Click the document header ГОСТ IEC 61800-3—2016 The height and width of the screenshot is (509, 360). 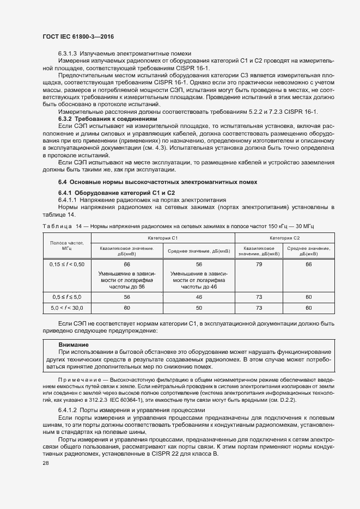point(78,36)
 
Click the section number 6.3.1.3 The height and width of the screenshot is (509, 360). point(68,53)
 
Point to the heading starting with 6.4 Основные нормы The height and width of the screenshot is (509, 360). point(157,181)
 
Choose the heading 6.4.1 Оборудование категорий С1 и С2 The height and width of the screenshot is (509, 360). point(117,193)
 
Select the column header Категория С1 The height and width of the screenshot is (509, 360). point(162,238)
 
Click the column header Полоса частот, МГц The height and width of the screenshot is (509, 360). point(66,245)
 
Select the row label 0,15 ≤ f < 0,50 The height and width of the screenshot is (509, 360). point(66,264)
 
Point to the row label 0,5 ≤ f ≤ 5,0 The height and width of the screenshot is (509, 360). point(66,297)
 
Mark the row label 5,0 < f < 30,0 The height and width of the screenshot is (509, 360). point(66,308)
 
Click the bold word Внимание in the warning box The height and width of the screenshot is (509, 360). point(74,345)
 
